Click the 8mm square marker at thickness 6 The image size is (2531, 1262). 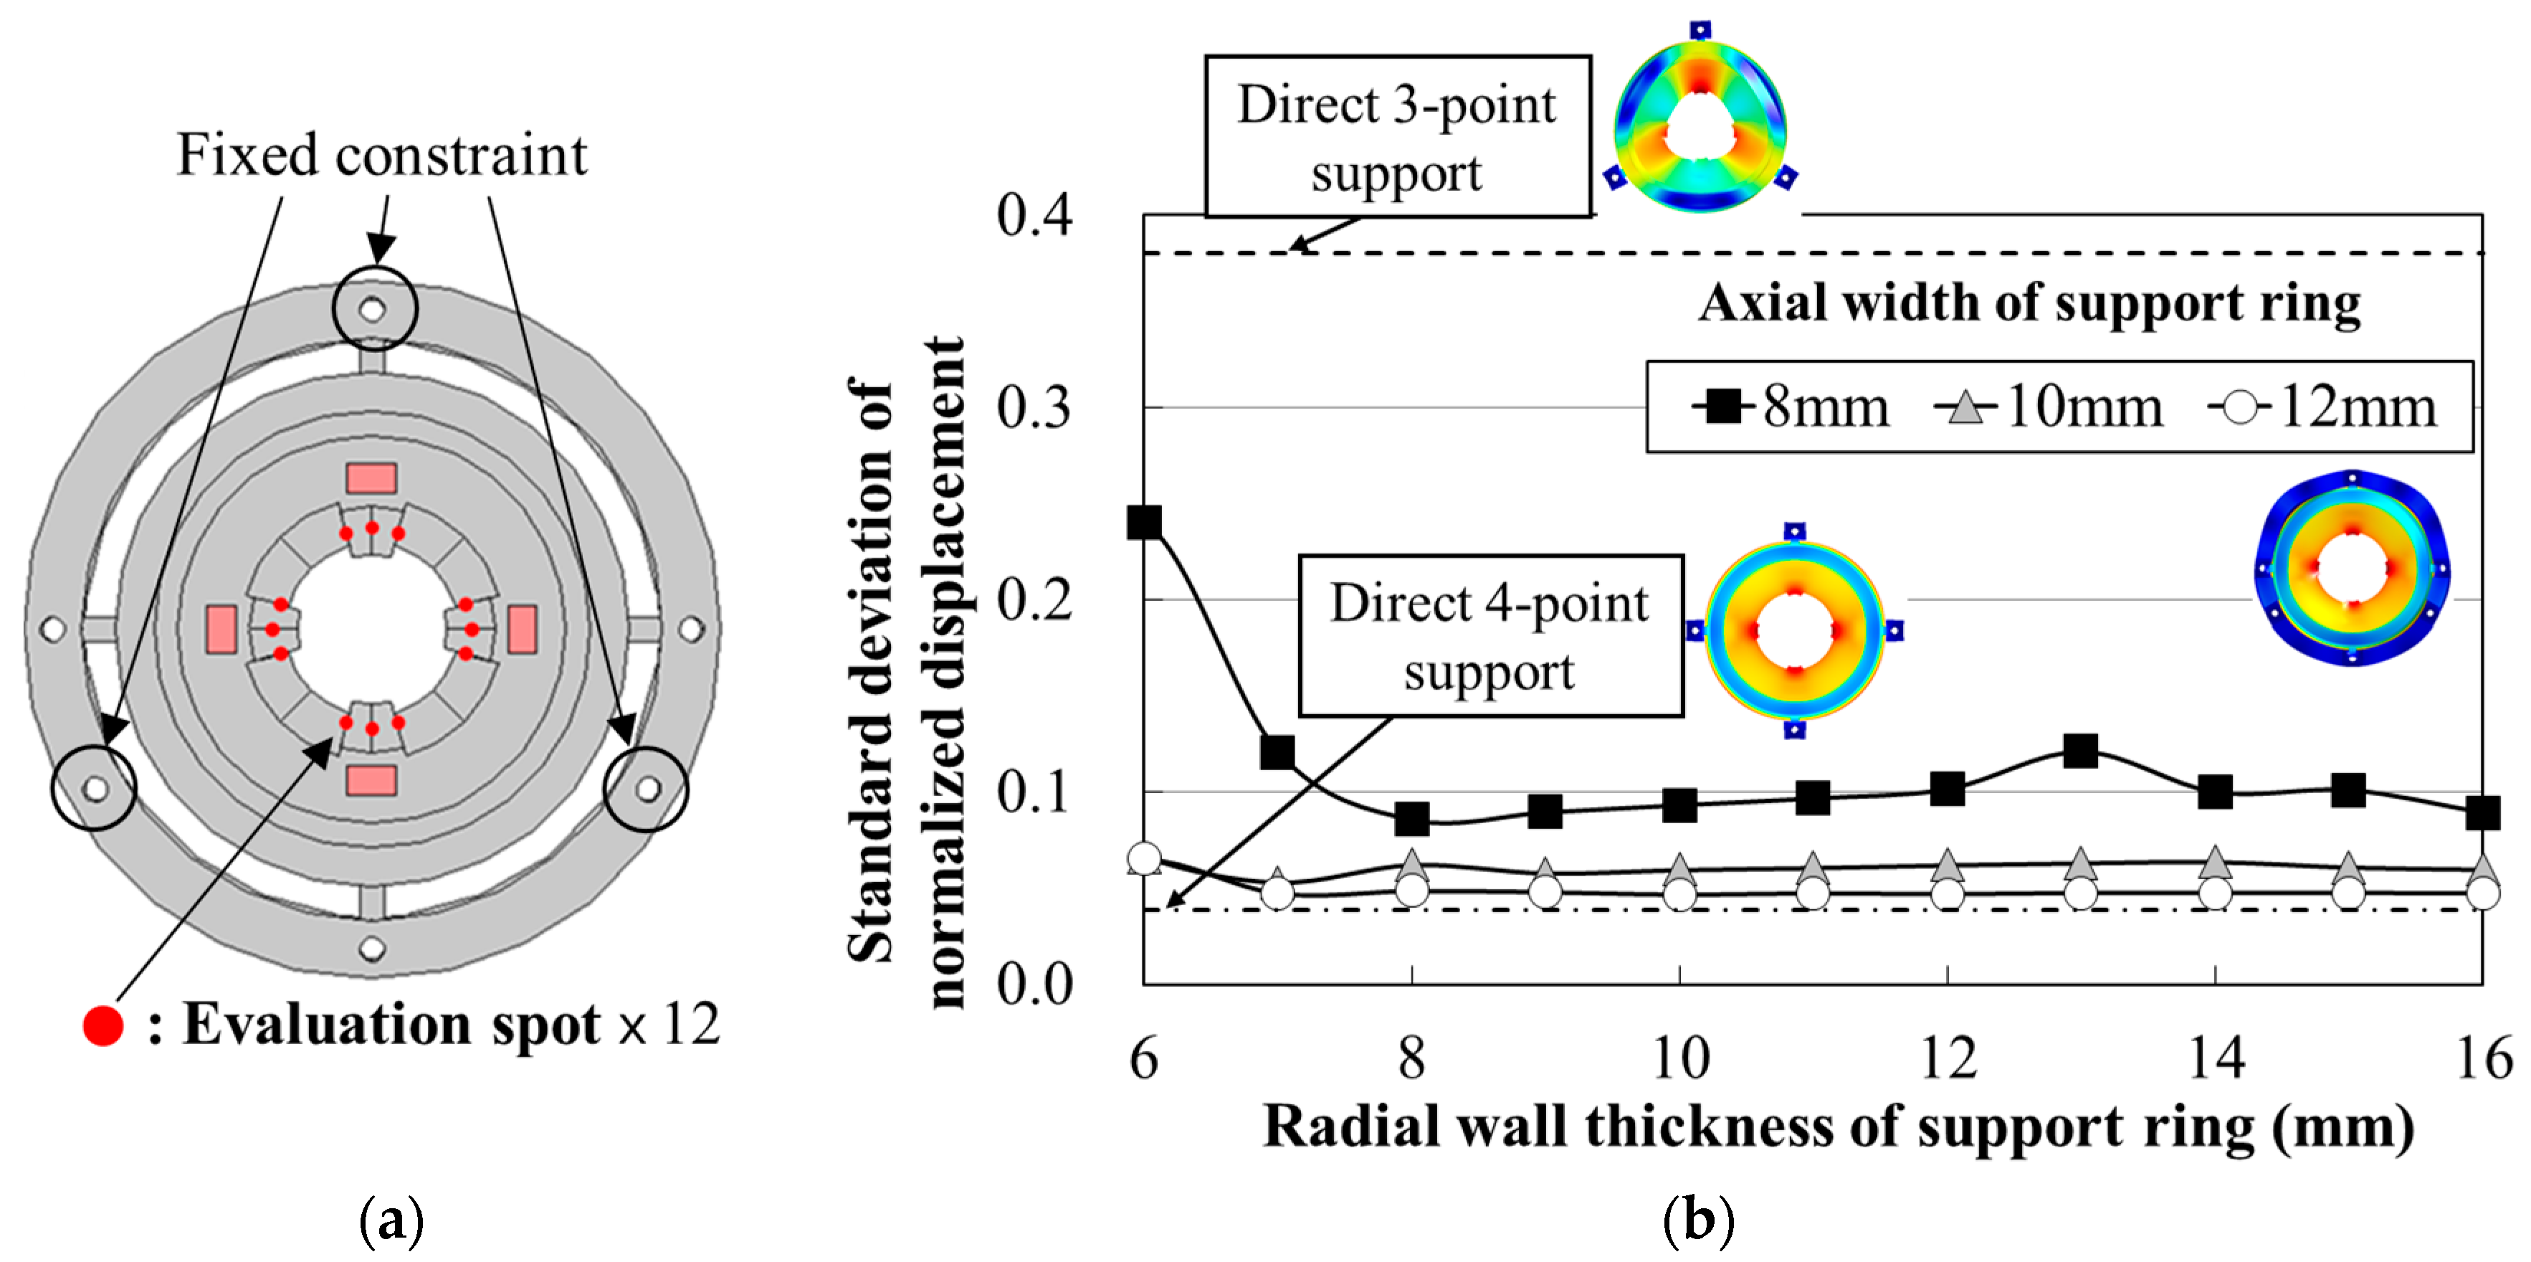(1145, 522)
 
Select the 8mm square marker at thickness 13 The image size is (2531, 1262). (2081, 751)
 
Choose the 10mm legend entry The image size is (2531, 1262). (2051, 406)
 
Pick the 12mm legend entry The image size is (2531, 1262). (2324, 406)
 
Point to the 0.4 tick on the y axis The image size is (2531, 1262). (1034, 215)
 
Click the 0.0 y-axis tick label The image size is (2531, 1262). (1034, 983)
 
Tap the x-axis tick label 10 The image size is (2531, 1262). (1680, 1058)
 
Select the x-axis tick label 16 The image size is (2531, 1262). (2483, 1058)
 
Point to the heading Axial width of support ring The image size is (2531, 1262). (2030, 303)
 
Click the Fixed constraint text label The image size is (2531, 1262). (381, 156)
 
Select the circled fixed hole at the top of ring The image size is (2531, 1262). (373, 308)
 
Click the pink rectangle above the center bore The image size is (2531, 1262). (371, 479)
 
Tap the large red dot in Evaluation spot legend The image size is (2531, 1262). (103, 1025)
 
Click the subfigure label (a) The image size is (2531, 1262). (391, 1220)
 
